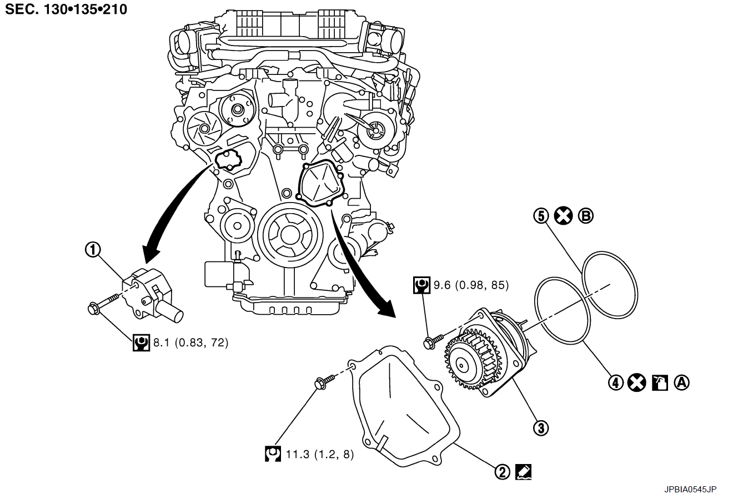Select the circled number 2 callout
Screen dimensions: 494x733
coord(501,472)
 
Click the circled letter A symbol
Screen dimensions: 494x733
coord(681,382)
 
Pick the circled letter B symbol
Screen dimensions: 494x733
coord(585,215)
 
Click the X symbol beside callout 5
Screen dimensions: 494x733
coord(564,215)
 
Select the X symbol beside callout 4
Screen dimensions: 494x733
coord(637,382)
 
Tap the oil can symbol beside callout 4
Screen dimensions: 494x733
coord(659,382)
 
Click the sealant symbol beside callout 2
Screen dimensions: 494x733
coord(523,472)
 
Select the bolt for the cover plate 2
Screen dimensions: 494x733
coord(325,382)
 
